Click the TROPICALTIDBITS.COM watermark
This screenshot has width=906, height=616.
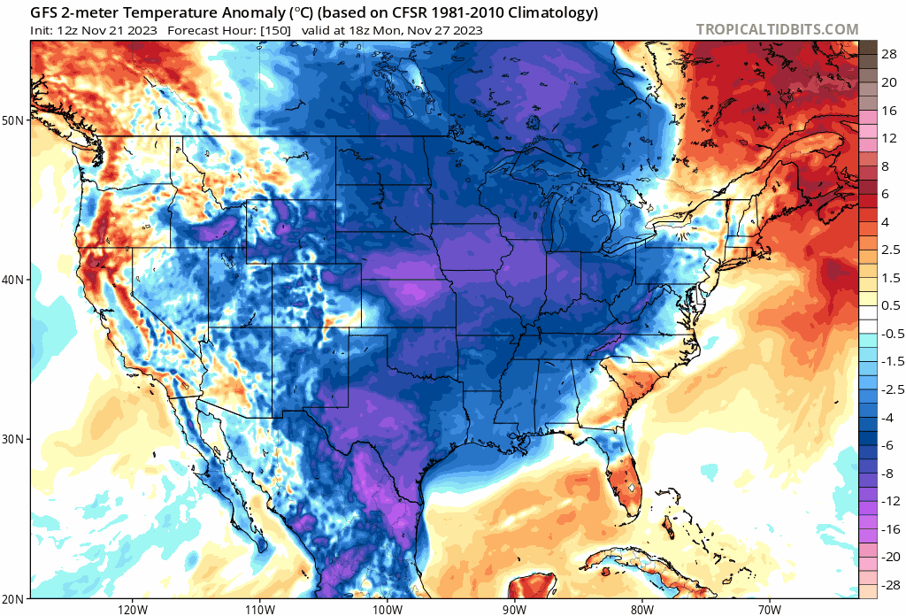(777, 29)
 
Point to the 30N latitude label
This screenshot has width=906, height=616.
(14, 439)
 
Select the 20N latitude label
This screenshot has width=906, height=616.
(14, 597)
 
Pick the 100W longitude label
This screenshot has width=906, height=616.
(387, 608)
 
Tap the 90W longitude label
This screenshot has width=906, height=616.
(514, 608)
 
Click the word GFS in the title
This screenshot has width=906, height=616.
(45, 13)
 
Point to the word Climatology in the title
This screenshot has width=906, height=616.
(555, 13)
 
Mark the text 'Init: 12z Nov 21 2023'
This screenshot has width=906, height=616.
(94, 31)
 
